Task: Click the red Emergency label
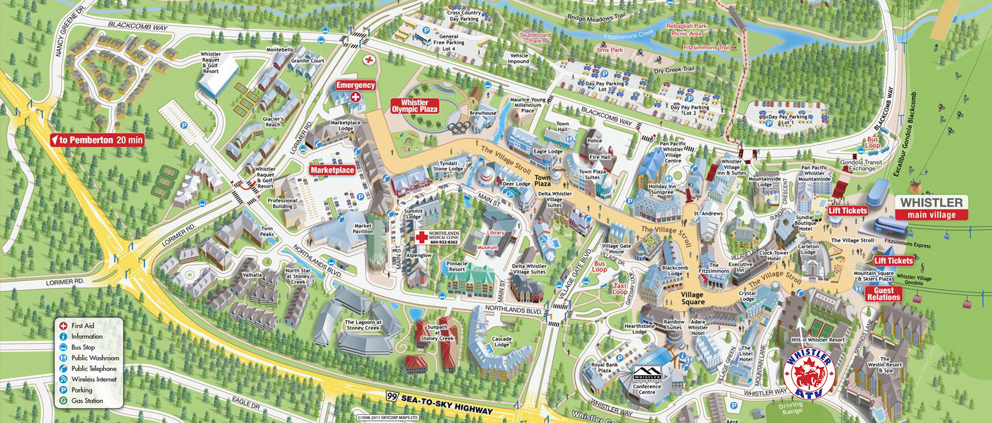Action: pyautogui.click(x=356, y=85)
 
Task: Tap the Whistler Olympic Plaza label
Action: pyautogui.click(x=414, y=106)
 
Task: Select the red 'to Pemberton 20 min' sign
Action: pyautogui.click(x=97, y=140)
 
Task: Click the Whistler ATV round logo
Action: pyautogui.click(x=807, y=373)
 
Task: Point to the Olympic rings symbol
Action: pyautogui.click(x=460, y=127)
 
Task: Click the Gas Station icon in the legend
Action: pyautogui.click(x=63, y=401)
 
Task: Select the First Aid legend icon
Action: pyautogui.click(x=63, y=325)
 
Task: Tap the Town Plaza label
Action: pyautogui.click(x=543, y=180)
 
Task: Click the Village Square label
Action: pyautogui.click(x=692, y=298)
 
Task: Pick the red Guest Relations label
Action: pyautogui.click(x=883, y=294)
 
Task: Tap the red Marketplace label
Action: pyautogui.click(x=332, y=170)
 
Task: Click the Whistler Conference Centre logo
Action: pyautogui.click(x=647, y=375)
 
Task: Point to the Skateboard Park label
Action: pyautogui.click(x=535, y=38)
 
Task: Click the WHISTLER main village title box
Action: pyautogui.click(x=931, y=207)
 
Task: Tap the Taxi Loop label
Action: pyautogui.click(x=620, y=289)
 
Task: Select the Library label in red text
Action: pyautogui.click(x=495, y=233)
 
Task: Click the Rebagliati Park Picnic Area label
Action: pyautogui.click(x=687, y=30)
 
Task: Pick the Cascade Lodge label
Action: pyautogui.click(x=502, y=342)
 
